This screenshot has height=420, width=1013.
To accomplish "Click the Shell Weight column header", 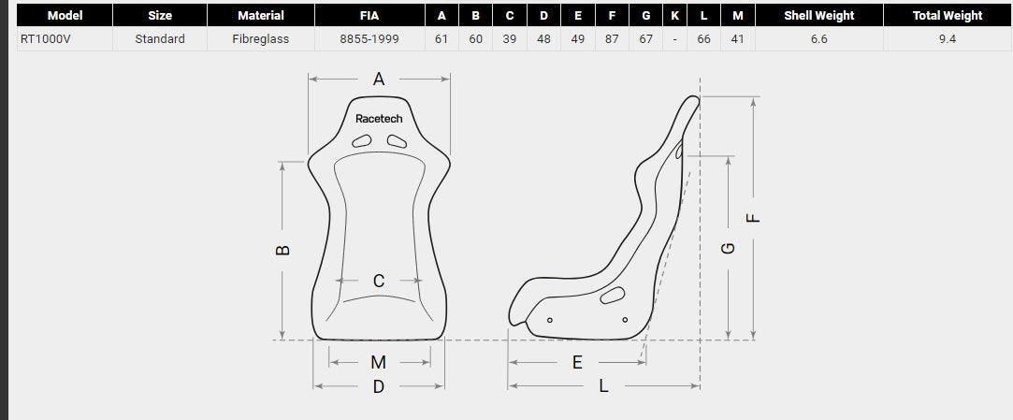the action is (x=818, y=16).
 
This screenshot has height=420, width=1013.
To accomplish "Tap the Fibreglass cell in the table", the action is (x=260, y=38).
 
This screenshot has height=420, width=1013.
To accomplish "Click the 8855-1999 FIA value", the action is (x=369, y=38).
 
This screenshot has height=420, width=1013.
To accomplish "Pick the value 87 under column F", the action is (x=612, y=38).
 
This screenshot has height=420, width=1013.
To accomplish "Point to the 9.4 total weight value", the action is (x=948, y=38).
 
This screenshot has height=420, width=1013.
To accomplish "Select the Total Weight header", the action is (x=948, y=16).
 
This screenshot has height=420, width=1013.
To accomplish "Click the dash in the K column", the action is (x=674, y=38).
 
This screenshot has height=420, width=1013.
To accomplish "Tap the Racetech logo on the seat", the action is (x=379, y=118).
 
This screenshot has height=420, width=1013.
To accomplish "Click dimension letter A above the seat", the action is (x=379, y=79).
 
